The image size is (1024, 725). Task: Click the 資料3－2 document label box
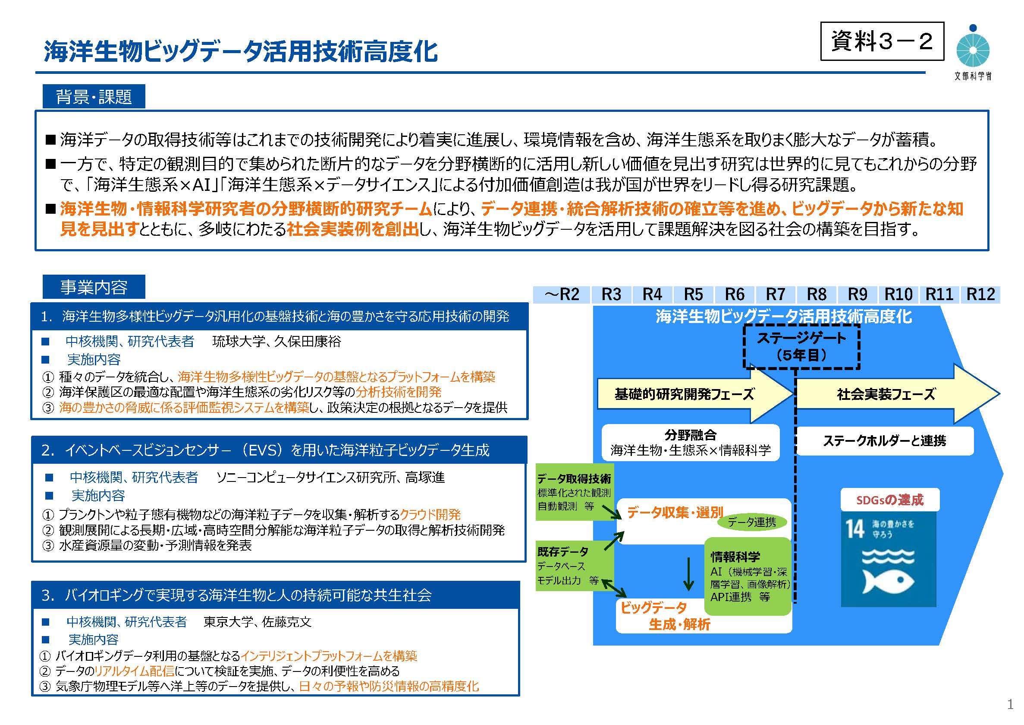(x=882, y=41)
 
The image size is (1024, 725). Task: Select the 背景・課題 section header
(x=94, y=96)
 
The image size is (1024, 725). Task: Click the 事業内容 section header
(x=94, y=287)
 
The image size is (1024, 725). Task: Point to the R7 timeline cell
(x=775, y=294)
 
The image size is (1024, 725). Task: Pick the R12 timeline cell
(x=980, y=294)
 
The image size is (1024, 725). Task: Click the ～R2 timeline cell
(x=562, y=294)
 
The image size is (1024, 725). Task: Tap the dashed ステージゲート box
(x=801, y=346)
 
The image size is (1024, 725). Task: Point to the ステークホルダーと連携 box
(x=884, y=441)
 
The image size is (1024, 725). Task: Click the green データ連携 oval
(x=751, y=522)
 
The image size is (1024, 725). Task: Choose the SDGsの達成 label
(x=890, y=500)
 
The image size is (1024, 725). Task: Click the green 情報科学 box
(x=748, y=576)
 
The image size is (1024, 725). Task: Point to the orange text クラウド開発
(x=430, y=515)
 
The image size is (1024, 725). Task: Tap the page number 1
(x=1010, y=705)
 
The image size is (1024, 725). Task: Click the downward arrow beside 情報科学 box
(x=688, y=574)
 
